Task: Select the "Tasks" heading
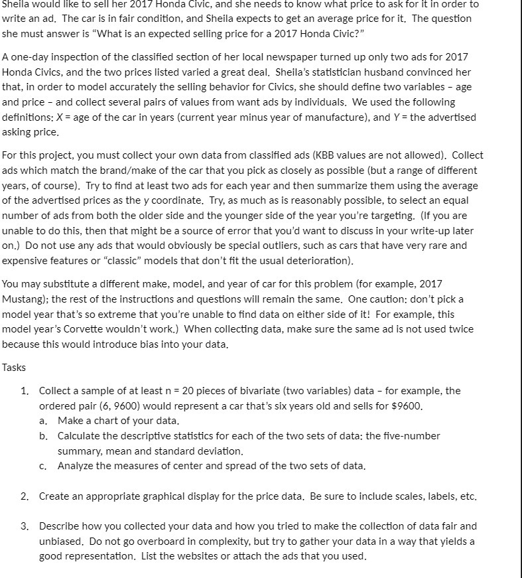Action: (x=16, y=367)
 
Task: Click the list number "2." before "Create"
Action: (x=24, y=496)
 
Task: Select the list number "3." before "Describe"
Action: (x=24, y=526)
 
